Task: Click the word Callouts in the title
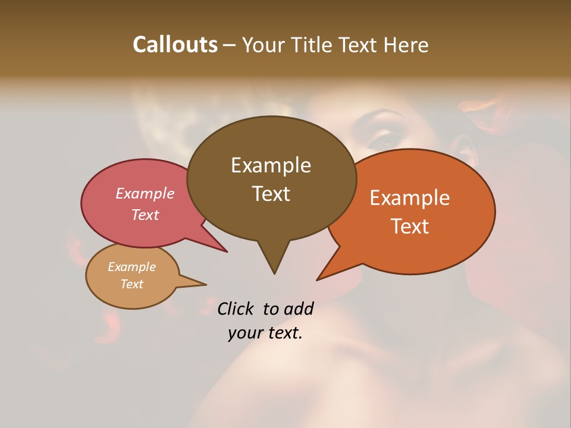(175, 45)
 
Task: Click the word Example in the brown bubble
(271, 165)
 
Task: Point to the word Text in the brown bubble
(271, 194)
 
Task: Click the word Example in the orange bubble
(410, 198)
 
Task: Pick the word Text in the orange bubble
(410, 226)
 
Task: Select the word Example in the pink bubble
(145, 193)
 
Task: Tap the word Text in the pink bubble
(145, 215)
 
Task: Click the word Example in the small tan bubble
(131, 267)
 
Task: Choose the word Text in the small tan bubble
(131, 284)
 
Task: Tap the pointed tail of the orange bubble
(320, 278)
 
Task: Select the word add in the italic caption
(299, 309)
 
